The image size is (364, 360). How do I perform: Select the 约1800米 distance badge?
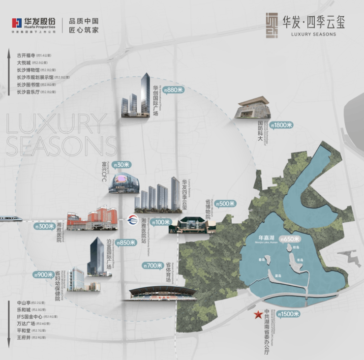[x=281, y=125]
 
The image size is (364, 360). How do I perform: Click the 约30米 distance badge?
[x=121, y=165]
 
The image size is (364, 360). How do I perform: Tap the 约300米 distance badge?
[x=44, y=227]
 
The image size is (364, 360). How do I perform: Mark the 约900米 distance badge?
[x=43, y=274]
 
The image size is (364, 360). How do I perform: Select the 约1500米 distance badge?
[x=288, y=314]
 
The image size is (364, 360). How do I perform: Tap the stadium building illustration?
[x=162, y=293]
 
